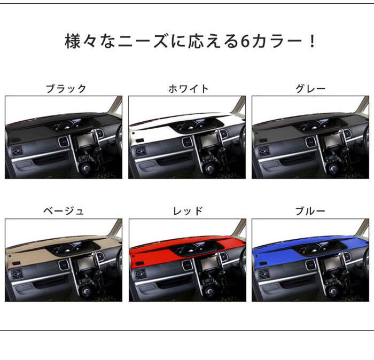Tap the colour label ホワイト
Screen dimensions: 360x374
click(x=188, y=89)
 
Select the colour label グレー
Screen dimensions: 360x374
click(x=310, y=89)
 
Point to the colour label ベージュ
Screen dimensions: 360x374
click(x=64, y=211)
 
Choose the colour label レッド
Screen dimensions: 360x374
click(x=188, y=211)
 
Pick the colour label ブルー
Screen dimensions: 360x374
click(x=310, y=211)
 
